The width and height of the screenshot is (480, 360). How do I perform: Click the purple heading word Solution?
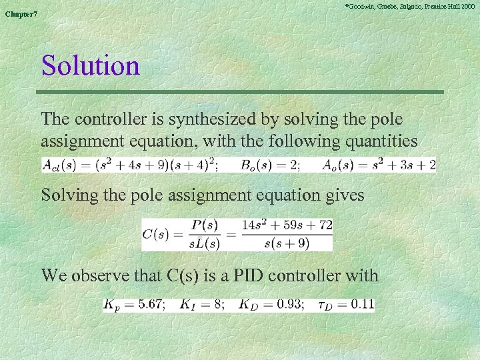pyautogui.click(x=91, y=66)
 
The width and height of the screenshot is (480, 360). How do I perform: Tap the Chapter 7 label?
pyautogui.click(x=22, y=14)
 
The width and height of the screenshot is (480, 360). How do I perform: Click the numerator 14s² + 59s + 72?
pyautogui.click(x=288, y=225)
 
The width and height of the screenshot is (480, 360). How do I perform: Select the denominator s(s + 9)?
pyautogui.click(x=287, y=243)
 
